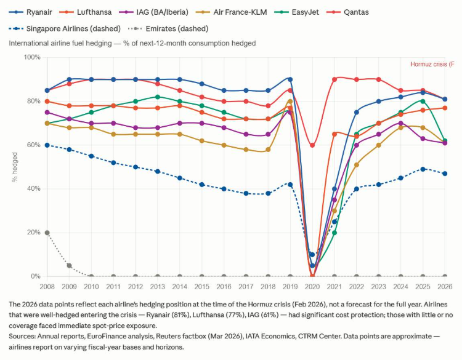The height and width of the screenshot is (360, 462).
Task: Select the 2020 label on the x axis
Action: [x=312, y=287]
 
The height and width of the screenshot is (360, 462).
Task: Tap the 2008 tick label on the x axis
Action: [x=47, y=287]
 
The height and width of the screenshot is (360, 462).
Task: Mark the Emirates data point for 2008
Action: [x=47, y=233]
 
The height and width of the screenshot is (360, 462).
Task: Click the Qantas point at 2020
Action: [x=312, y=145]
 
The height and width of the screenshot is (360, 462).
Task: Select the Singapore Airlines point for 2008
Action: [x=47, y=145]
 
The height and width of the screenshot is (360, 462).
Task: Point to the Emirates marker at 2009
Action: [x=70, y=265]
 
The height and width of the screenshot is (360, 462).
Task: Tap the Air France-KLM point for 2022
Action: [x=357, y=165]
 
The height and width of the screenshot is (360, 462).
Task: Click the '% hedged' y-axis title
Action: [x=14, y=167]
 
